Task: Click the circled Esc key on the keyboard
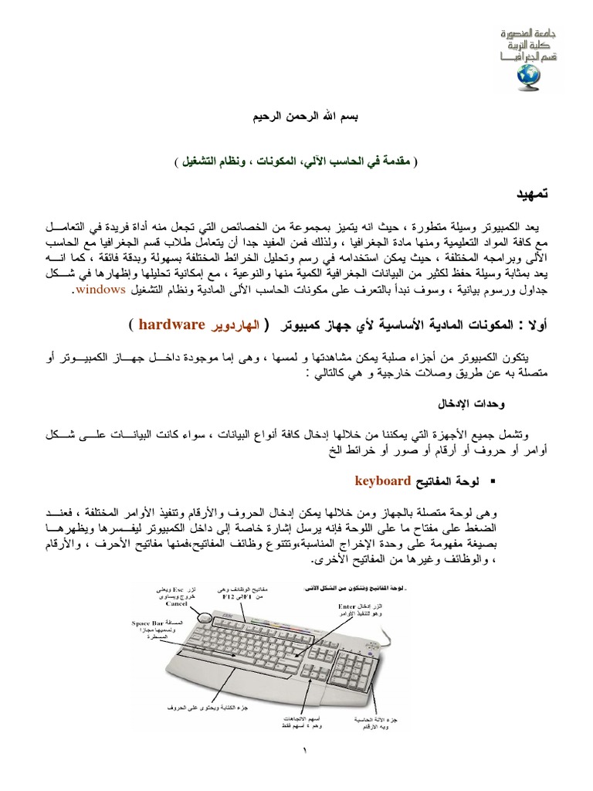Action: (205, 618)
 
